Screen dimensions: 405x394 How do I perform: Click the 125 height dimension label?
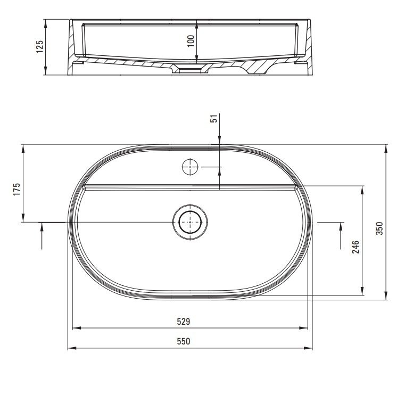coord(39,46)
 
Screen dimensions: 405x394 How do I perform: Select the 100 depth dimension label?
coord(191,41)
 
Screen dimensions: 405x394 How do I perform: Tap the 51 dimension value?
coord(214,119)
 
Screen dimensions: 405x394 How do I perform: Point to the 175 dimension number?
coord(16,189)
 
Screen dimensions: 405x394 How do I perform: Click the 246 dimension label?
coord(356,247)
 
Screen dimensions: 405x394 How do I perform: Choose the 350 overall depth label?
coord(379,228)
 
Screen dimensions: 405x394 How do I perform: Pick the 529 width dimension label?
coord(184,322)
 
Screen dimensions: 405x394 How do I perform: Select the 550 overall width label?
coord(184,341)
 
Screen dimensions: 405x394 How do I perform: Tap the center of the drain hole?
coord(190,222)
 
